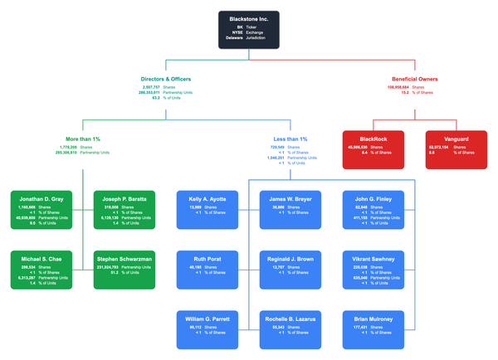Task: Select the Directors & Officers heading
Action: click(167, 80)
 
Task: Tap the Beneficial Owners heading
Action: click(414, 80)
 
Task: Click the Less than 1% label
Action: click(290, 139)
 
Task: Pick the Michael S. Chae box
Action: click(41, 270)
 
